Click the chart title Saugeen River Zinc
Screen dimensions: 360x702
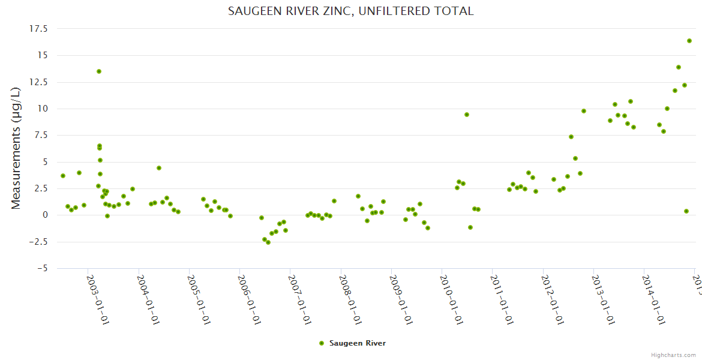[351, 11]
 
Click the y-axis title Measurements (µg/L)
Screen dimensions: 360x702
[16, 148]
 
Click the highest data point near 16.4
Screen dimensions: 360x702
[689, 41]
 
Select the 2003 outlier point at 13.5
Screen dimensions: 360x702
[99, 71]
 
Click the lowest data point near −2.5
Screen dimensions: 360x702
[268, 242]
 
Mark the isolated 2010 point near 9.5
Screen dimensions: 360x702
[467, 115]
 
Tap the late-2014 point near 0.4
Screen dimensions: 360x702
[686, 211]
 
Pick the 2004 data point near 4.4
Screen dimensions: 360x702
[159, 168]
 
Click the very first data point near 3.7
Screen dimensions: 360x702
[63, 176]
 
